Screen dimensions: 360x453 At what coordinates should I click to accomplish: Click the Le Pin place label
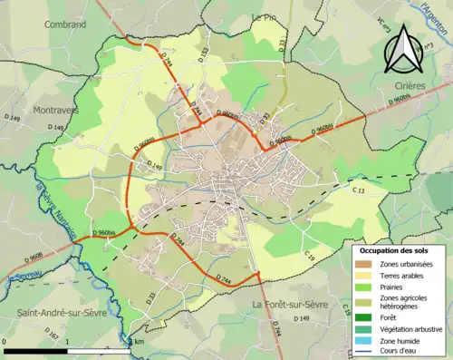coord(263,18)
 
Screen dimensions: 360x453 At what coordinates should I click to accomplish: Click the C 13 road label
coord(357,190)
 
